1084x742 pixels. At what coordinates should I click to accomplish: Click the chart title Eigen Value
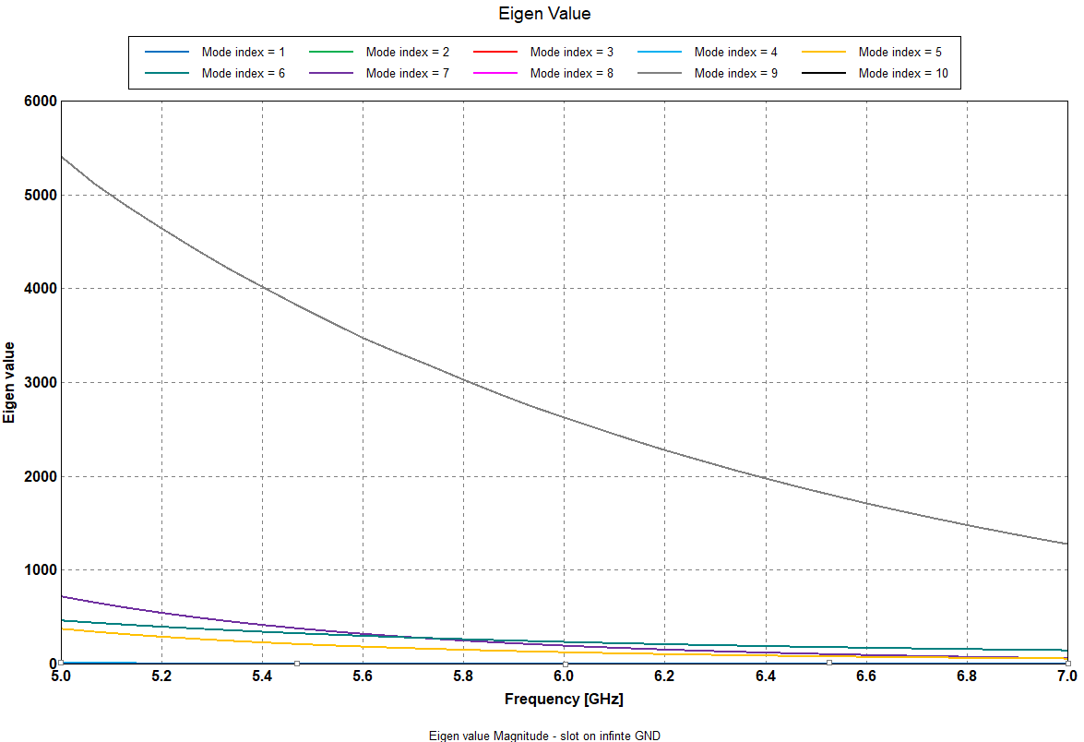pos(543,14)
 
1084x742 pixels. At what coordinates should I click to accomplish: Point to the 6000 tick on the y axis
pos(41,102)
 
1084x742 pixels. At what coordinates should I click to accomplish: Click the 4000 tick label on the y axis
pos(41,289)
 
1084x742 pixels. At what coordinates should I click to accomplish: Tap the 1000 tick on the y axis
pos(41,570)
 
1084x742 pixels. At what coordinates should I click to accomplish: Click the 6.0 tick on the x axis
pos(564,676)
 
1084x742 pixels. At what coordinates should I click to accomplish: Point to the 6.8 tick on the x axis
pos(967,676)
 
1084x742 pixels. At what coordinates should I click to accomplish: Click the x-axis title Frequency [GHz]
pos(564,700)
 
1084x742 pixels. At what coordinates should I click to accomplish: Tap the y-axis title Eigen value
pos(10,382)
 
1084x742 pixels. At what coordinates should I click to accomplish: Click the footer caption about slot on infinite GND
pos(544,736)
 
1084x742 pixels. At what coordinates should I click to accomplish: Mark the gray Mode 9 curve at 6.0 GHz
pos(564,417)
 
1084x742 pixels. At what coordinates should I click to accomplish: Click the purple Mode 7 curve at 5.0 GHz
pos(62,596)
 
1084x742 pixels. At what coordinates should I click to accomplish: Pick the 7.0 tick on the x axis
pos(1066,676)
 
